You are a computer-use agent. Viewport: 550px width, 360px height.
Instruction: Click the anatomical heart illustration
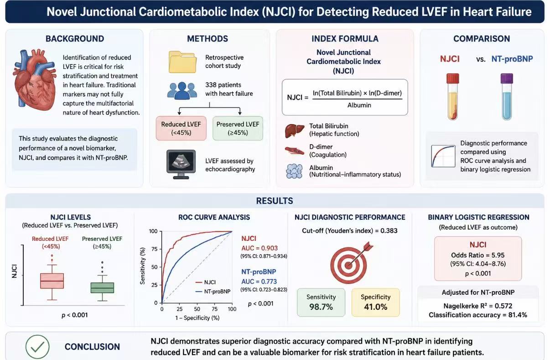[x=35, y=79]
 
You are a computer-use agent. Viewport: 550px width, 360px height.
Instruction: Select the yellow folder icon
[x=182, y=62]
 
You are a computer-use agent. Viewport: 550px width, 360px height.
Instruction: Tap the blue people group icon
[x=182, y=91]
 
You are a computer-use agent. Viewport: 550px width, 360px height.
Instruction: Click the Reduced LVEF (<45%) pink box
[x=181, y=128]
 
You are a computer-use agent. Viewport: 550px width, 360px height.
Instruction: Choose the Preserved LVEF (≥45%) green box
[x=238, y=128]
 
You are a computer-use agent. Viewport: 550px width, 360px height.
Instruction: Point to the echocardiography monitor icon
[x=181, y=164]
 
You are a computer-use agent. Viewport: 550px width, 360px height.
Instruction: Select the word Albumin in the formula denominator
[x=359, y=105]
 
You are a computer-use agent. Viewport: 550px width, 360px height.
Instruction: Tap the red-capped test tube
[x=452, y=97]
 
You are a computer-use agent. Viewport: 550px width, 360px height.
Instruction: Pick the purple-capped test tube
[x=507, y=97]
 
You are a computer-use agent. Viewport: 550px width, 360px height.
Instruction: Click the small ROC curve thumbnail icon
[x=443, y=157]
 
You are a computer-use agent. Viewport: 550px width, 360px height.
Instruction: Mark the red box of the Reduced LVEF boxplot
[x=52, y=281]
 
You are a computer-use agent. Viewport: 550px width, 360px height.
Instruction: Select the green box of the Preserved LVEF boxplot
[x=102, y=288]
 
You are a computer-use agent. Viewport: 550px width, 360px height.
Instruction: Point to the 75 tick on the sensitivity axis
[x=155, y=249]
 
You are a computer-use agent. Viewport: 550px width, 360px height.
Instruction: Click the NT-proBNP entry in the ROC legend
[x=213, y=292]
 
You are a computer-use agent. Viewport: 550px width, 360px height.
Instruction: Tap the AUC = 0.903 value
[x=259, y=248]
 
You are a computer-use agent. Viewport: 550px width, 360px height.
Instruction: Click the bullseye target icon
[x=351, y=263]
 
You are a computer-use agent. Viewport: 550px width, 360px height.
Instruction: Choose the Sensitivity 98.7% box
[x=321, y=303]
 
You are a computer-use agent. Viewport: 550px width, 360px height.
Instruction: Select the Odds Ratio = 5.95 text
[x=478, y=256]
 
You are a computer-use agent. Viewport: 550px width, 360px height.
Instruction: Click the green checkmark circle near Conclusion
[x=37, y=347]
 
